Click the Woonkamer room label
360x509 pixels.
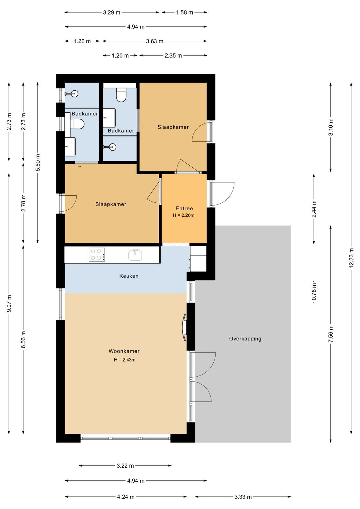(x=124, y=351)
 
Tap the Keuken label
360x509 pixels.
(x=129, y=276)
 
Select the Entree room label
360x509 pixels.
(x=184, y=208)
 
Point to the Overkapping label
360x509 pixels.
(x=245, y=339)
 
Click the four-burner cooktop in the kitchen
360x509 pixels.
(x=97, y=254)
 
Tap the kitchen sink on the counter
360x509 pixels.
(x=135, y=255)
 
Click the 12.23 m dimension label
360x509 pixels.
(x=351, y=258)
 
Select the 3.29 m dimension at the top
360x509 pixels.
(x=112, y=12)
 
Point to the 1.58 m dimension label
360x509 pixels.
(x=184, y=12)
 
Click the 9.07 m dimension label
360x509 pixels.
(x=9, y=304)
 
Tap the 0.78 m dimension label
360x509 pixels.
(x=314, y=293)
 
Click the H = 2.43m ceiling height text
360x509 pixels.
(x=124, y=360)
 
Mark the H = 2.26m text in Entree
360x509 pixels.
(x=183, y=215)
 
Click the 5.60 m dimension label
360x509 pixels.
(x=38, y=163)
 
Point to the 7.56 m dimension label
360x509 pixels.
(x=331, y=334)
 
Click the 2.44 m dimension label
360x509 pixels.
(x=314, y=209)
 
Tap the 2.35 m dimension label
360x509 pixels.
(x=173, y=56)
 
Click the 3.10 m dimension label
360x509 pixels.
(x=331, y=127)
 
